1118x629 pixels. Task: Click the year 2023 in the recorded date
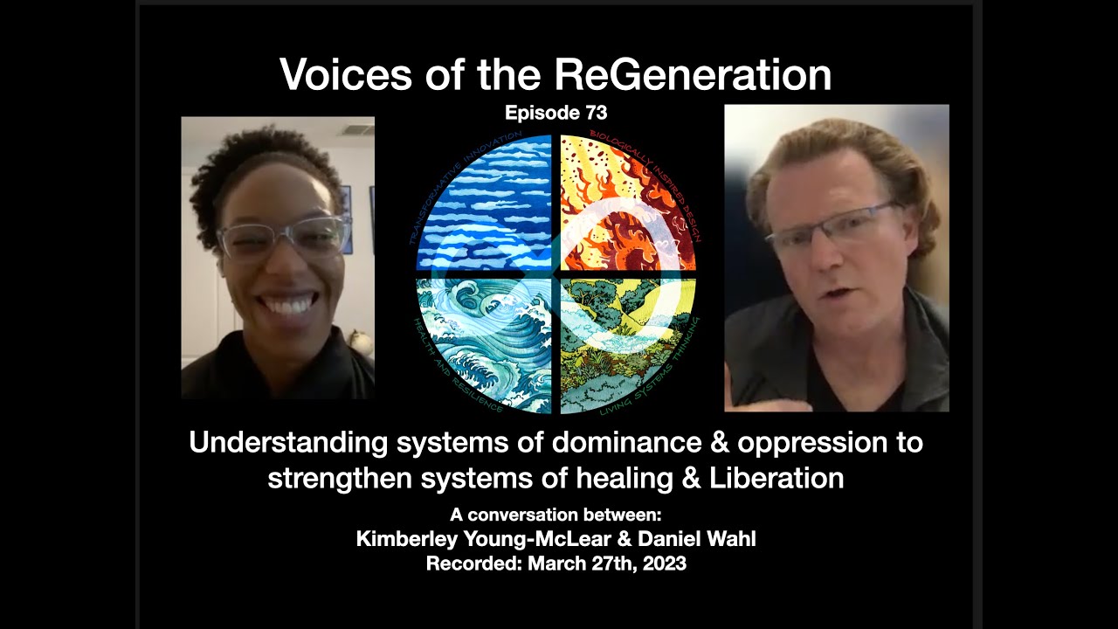tap(663, 563)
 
